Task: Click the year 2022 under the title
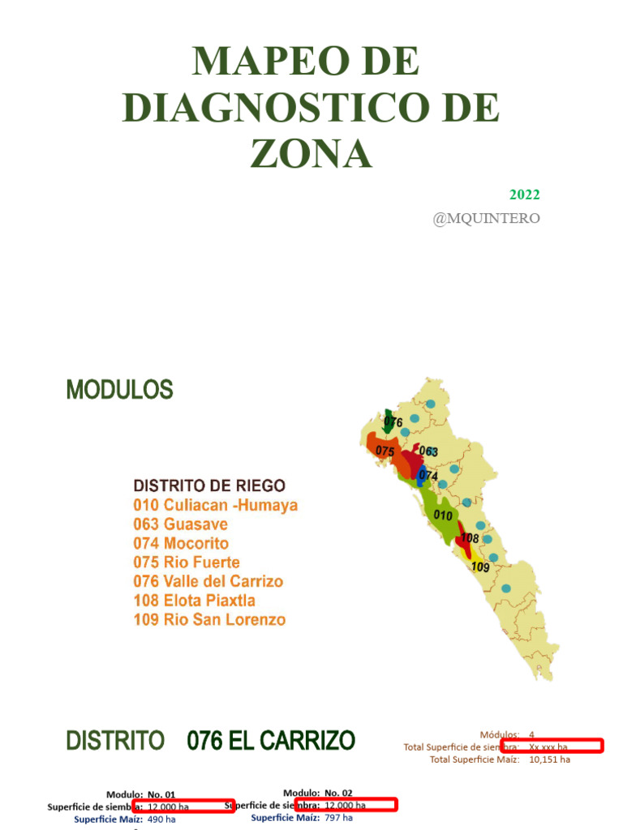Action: click(x=524, y=195)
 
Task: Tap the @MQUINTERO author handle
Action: click(x=486, y=218)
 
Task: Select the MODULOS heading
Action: click(x=119, y=391)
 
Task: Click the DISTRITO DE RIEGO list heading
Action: click(x=209, y=486)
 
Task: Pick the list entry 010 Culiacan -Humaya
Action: click(x=216, y=506)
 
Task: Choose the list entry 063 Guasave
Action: click(x=180, y=524)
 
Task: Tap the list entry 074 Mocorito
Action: click(x=181, y=544)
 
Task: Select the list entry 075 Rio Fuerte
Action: click(x=187, y=563)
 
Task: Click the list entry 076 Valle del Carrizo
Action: click(x=208, y=582)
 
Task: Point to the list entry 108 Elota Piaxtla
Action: click(x=195, y=601)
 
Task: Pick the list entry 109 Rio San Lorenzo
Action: click(x=209, y=620)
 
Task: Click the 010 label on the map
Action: click(x=443, y=515)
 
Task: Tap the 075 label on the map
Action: click(x=385, y=451)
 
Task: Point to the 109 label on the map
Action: click(x=480, y=567)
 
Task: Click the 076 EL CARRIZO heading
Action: click(x=271, y=740)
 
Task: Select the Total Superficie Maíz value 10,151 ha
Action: click(x=549, y=759)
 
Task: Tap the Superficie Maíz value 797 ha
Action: click(x=338, y=818)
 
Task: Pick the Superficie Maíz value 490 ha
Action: click(x=161, y=819)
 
